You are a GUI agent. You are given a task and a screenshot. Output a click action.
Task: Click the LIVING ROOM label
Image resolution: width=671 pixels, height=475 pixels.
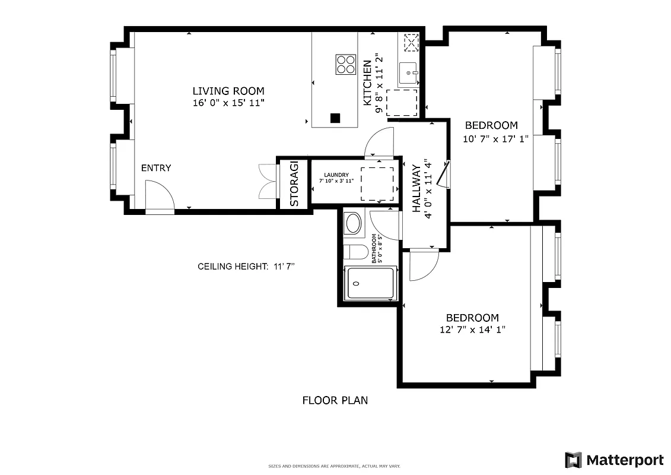click(x=228, y=91)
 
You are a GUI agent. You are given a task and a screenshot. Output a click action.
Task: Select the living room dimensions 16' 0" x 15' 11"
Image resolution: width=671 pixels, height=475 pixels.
click(x=228, y=103)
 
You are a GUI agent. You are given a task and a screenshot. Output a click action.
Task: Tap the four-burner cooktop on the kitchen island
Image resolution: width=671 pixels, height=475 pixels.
click(x=345, y=64)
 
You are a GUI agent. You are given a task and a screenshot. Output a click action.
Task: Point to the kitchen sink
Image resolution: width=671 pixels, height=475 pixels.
click(x=409, y=74)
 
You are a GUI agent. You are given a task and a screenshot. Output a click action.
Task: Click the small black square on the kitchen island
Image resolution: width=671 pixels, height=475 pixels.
click(x=335, y=118)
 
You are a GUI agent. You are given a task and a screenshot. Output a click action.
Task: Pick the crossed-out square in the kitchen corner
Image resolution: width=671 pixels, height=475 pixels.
click(x=411, y=42)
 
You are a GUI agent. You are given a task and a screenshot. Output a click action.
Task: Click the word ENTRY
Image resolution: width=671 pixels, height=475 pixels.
click(x=156, y=168)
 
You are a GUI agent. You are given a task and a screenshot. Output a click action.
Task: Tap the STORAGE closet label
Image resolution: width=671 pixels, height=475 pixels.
click(x=294, y=184)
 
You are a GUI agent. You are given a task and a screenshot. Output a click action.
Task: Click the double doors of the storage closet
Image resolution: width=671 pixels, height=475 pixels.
click(x=268, y=181)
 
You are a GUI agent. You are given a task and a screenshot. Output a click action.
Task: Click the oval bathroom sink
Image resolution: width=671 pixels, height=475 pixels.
click(x=353, y=224)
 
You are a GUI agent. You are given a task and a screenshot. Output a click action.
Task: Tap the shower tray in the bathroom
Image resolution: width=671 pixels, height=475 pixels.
click(x=371, y=284)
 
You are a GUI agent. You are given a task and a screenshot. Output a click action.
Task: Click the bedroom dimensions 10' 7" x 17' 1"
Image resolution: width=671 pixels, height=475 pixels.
click(x=495, y=140)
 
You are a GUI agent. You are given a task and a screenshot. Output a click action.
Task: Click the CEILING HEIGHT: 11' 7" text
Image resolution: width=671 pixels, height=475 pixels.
click(x=246, y=267)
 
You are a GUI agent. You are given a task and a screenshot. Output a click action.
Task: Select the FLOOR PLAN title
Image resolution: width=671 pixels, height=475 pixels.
click(x=335, y=400)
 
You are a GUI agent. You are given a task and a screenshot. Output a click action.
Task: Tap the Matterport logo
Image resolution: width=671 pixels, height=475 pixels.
click(x=614, y=460)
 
